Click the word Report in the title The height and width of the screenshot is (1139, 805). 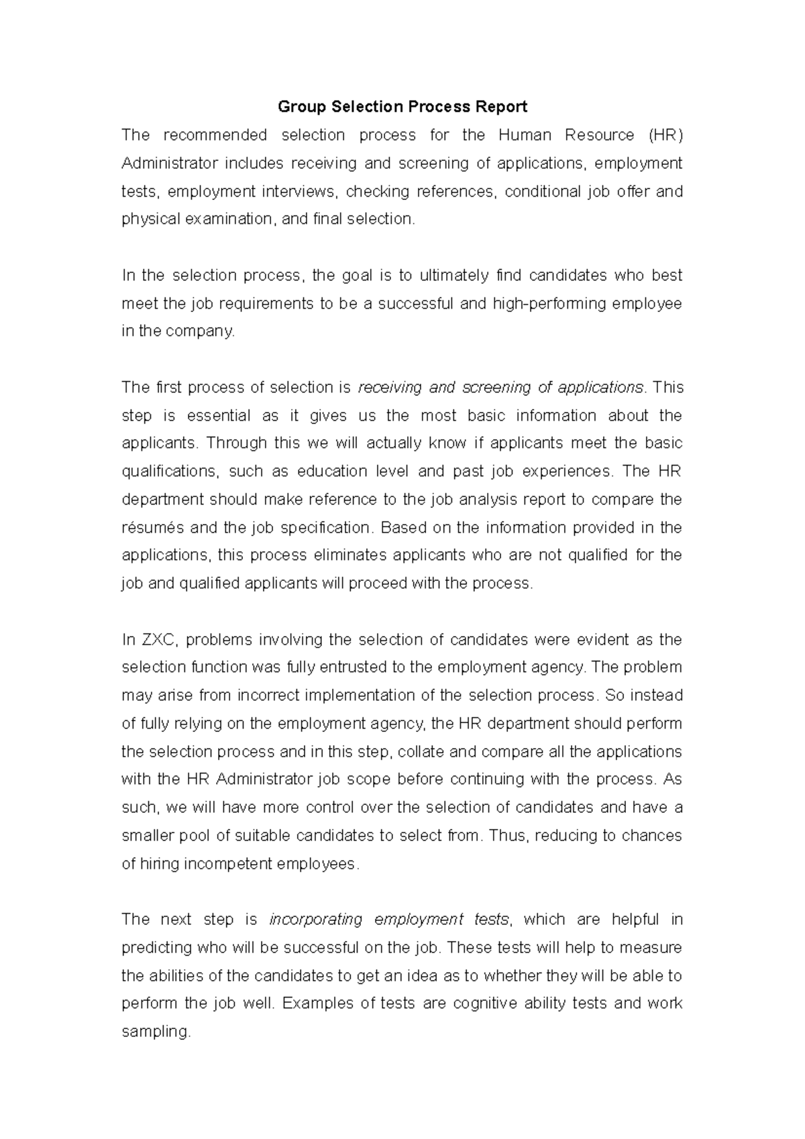pyautogui.click(x=501, y=107)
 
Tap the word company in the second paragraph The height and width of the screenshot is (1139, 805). pyautogui.click(x=205, y=331)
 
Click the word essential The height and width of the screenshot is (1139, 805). pyautogui.click(x=217, y=416)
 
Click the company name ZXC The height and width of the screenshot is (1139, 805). pyautogui.click(x=160, y=640)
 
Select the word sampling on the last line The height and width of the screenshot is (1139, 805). pyautogui.click(x=156, y=1032)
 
